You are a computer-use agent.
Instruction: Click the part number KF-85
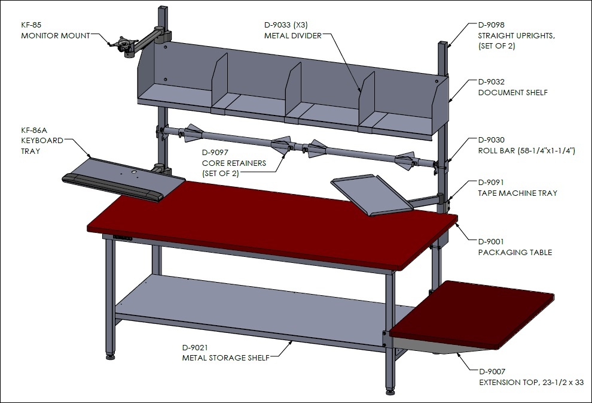coord(31,25)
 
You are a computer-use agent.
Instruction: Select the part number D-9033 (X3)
coord(286,25)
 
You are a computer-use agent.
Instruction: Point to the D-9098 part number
coord(491,25)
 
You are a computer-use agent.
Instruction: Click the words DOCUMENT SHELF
coord(512,93)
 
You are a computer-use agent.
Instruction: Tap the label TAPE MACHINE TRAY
coord(518,193)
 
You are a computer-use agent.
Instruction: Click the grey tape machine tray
coord(372,195)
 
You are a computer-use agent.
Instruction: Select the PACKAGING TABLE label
coord(515,252)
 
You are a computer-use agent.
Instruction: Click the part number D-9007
coord(492,372)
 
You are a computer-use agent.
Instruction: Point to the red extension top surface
coord(472,314)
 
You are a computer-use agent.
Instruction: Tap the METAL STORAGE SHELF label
coord(226,357)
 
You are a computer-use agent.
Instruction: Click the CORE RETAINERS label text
coord(234,163)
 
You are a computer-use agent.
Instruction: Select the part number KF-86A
coord(34,131)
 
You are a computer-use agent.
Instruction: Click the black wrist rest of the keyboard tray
coord(112,187)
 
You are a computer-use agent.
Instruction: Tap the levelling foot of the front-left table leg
coord(110,356)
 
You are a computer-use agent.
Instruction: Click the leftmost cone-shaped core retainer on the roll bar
coord(193,133)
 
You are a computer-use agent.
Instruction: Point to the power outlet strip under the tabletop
coord(123,238)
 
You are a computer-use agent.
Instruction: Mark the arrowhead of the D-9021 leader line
coord(291,342)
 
